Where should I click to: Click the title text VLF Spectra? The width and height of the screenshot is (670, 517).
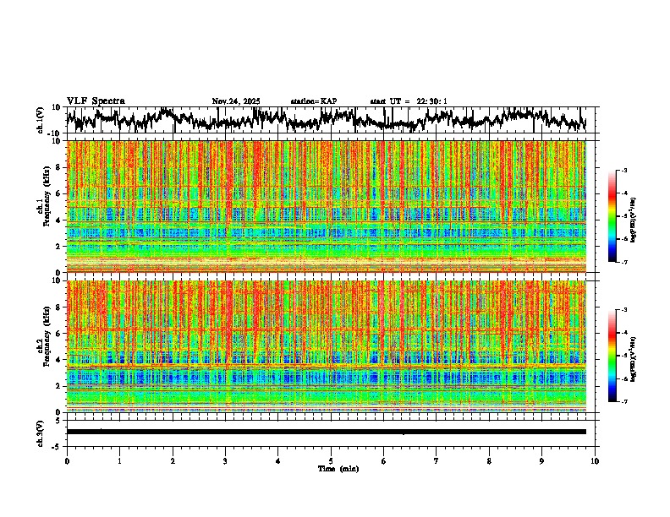[x=96, y=101]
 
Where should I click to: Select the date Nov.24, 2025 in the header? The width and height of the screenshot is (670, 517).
[x=236, y=101]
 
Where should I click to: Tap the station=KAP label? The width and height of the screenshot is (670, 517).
[x=313, y=101]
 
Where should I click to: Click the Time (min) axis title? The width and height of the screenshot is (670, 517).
[x=338, y=469]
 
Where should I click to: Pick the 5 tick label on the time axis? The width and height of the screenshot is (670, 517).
[x=331, y=461]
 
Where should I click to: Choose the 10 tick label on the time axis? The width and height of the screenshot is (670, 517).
[x=595, y=461]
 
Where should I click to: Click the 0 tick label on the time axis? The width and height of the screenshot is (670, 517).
[x=67, y=461]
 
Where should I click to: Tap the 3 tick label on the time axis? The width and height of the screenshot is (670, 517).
[x=225, y=461]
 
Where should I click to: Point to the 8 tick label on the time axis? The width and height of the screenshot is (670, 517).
[x=489, y=461]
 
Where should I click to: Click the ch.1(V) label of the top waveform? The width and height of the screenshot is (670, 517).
[x=41, y=120]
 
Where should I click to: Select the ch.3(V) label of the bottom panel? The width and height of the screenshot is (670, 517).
[x=41, y=432]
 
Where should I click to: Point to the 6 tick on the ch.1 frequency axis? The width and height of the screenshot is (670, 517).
[x=58, y=193]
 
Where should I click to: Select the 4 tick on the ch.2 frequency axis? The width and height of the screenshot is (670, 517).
[x=58, y=359]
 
